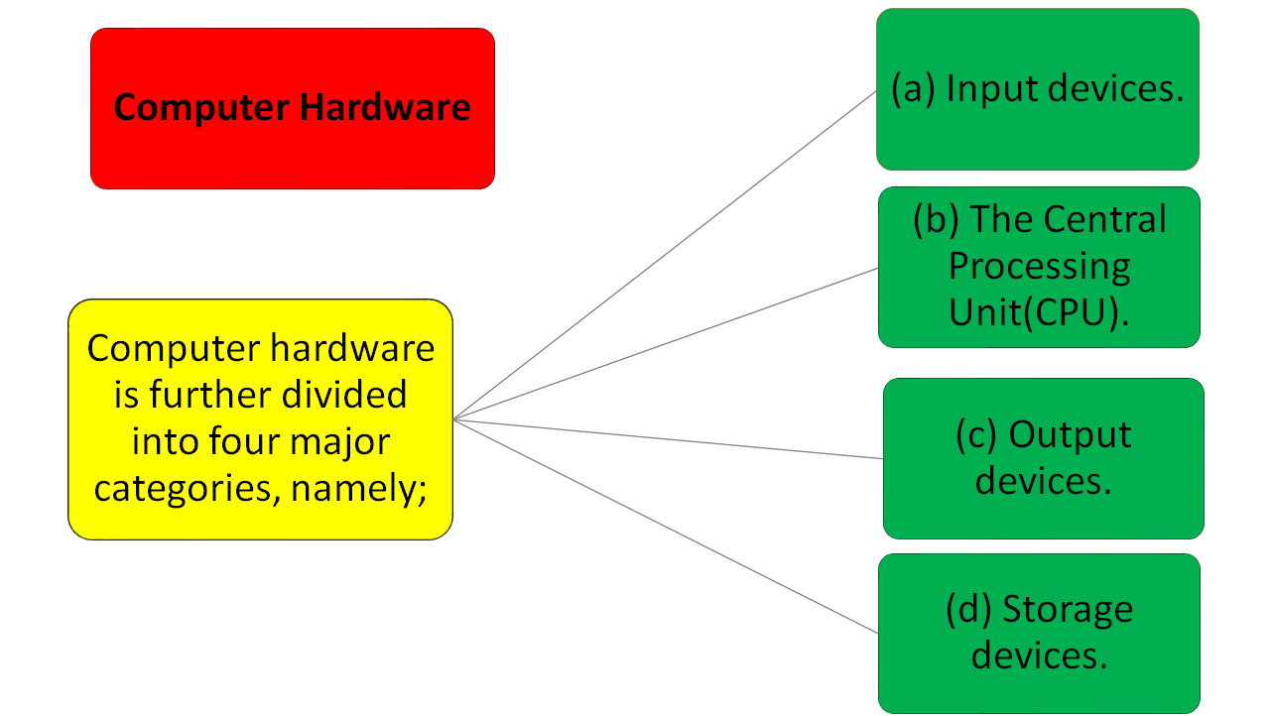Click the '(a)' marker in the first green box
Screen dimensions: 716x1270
(x=913, y=88)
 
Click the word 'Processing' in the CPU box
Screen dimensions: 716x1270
(x=1039, y=266)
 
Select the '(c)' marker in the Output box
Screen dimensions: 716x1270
(x=976, y=434)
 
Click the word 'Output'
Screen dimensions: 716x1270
(x=1070, y=434)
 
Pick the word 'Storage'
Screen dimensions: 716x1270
(x=1067, y=608)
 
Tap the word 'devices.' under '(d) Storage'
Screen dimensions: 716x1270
(x=1039, y=655)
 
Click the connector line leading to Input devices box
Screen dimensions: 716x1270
(x=665, y=255)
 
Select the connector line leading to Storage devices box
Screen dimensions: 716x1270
(x=665, y=526)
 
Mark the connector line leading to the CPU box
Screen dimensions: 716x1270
(x=665, y=343)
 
